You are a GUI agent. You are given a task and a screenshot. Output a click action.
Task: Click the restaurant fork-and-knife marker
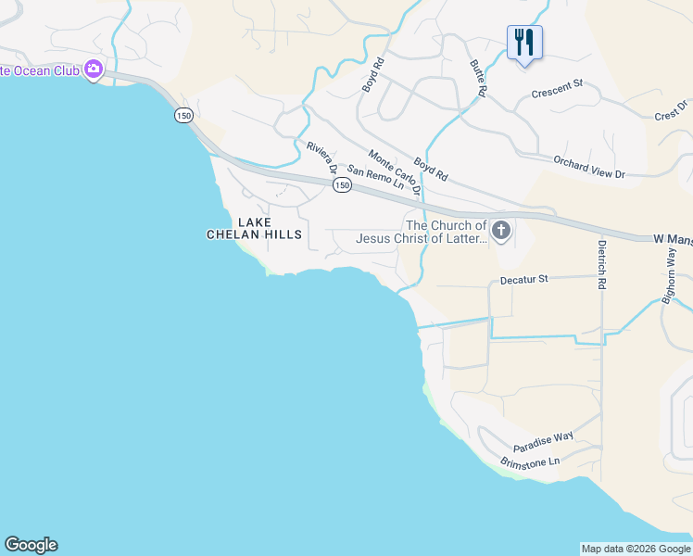(524, 42)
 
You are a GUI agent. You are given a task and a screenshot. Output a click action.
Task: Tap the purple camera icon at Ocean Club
(93, 69)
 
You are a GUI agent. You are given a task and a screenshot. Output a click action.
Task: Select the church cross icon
(501, 230)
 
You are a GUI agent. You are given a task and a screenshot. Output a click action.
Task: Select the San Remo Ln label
(377, 177)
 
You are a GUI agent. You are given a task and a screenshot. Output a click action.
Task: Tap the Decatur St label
(524, 278)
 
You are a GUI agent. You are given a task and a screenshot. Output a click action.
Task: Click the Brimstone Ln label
(530, 461)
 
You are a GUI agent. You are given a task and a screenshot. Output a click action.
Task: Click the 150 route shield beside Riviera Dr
(342, 185)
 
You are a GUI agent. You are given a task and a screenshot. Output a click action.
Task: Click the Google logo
(31, 545)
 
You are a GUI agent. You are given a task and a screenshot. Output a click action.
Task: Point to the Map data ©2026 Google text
(636, 549)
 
